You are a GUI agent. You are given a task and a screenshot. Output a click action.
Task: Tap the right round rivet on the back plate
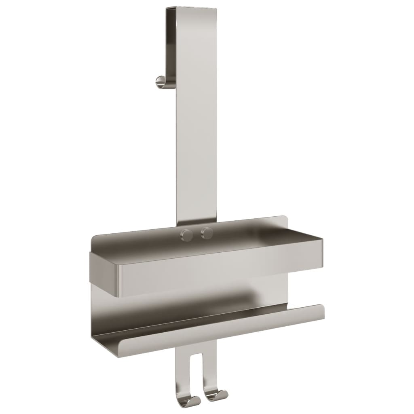pos(207,232)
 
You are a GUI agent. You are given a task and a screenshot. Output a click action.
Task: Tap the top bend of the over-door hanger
pos(190,9)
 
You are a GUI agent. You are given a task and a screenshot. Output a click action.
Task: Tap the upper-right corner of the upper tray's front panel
pos(321,240)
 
